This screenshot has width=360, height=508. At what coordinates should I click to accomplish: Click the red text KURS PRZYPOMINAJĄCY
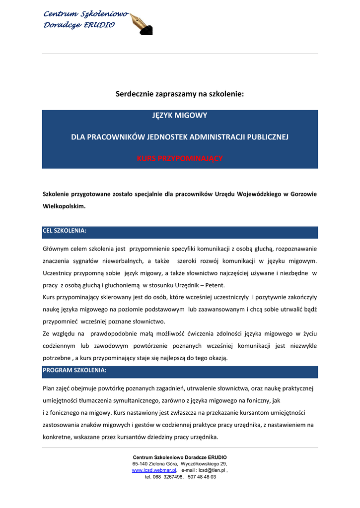coord(180,159)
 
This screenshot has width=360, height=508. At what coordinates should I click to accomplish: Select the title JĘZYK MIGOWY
coord(180,116)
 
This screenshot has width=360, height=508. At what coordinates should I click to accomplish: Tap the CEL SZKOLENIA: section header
coord(65,231)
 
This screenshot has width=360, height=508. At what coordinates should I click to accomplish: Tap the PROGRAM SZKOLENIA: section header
coord(74,371)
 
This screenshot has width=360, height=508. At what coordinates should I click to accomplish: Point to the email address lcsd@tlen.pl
coord(212,470)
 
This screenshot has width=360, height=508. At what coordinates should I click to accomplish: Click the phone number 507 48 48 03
coord(202,477)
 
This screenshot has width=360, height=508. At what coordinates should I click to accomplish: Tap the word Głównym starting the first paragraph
coord(55,249)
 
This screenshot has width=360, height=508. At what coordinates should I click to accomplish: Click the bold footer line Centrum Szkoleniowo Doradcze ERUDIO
coord(180,457)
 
